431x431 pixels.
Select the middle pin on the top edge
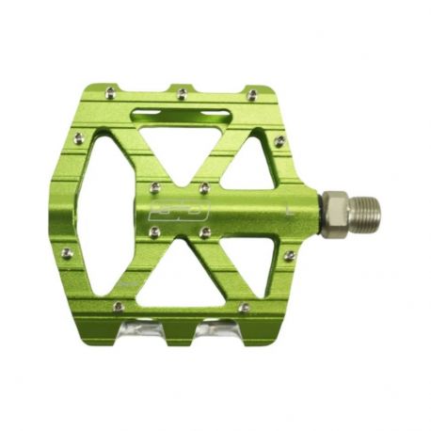pyautogui.click(x=180, y=92)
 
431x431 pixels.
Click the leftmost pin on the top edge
pyautogui.click(x=111, y=91)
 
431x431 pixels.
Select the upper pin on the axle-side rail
pyautogui.click(x=279, y=141)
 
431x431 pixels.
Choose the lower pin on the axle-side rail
pyautogui.click(x=289, y=255)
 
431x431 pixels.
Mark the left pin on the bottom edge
pyautogui.click(x=117, y=306)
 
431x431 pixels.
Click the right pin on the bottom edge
pyautogui.click(x=244, y=307)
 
